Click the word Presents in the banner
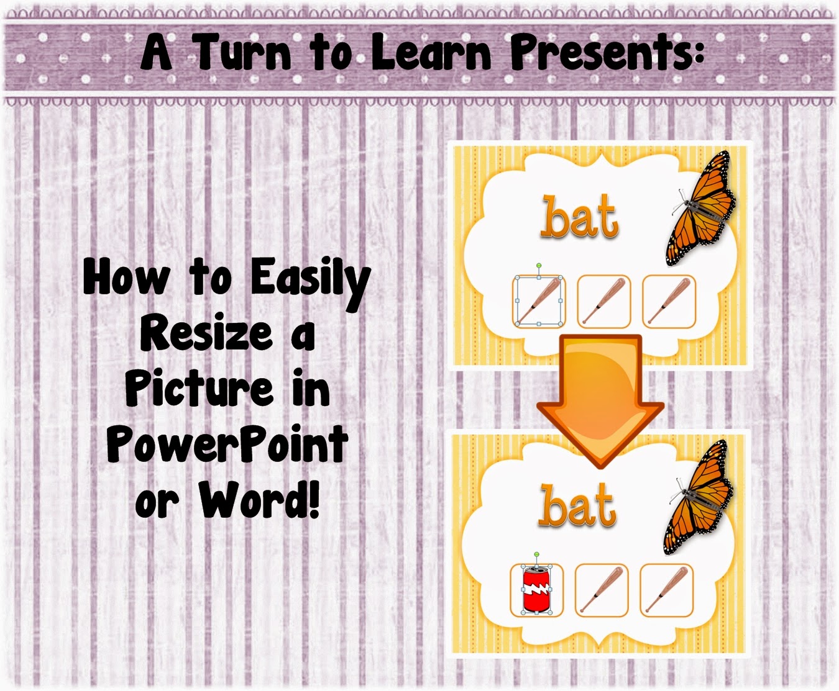pyautogui.click(x=606, y=52)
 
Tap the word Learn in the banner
pyautogui.click(x=431, y=52)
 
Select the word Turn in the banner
pyautogui.click(x=243, y=52)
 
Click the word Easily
pyautogui.click(x=309, y=284)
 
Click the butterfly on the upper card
pyautogui.click(x=701, y=207)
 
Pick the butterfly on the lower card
pyautogui.click(x=699, y=497)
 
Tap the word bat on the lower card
pyautogui.click(x=577, y=505)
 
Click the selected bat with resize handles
pyautogui.click(x=539, y=300)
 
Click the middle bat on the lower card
pyautogui.click(x=602, y=589)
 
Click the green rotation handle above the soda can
pyautogui.click(x=536, y=554)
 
